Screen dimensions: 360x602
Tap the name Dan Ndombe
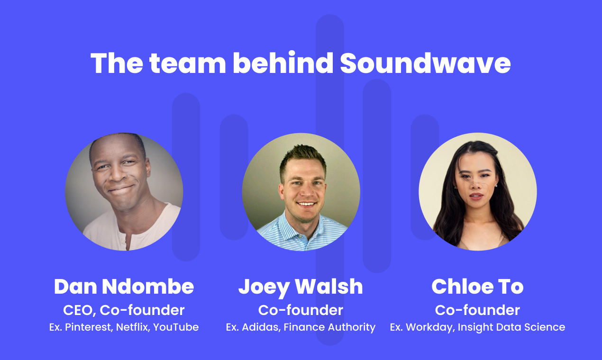tap(124, 287)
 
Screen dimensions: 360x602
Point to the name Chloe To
tap(477, 287)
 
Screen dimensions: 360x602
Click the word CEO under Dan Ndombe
tap(79, 310)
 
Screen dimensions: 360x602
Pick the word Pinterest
tap(89, 327)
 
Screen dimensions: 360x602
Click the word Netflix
tap(132, 327)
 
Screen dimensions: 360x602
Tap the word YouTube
tap(176, 327)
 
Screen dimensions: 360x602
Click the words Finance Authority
tap(329, 327)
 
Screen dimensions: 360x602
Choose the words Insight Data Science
tap(511, 327)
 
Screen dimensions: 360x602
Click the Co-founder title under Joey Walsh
tap(301, 310)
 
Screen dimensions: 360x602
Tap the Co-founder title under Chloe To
tap(477, 310)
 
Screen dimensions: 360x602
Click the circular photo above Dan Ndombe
tap(124, 191)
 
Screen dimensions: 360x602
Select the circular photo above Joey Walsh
tap(301, 191)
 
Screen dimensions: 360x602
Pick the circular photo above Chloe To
tap(478, 191)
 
